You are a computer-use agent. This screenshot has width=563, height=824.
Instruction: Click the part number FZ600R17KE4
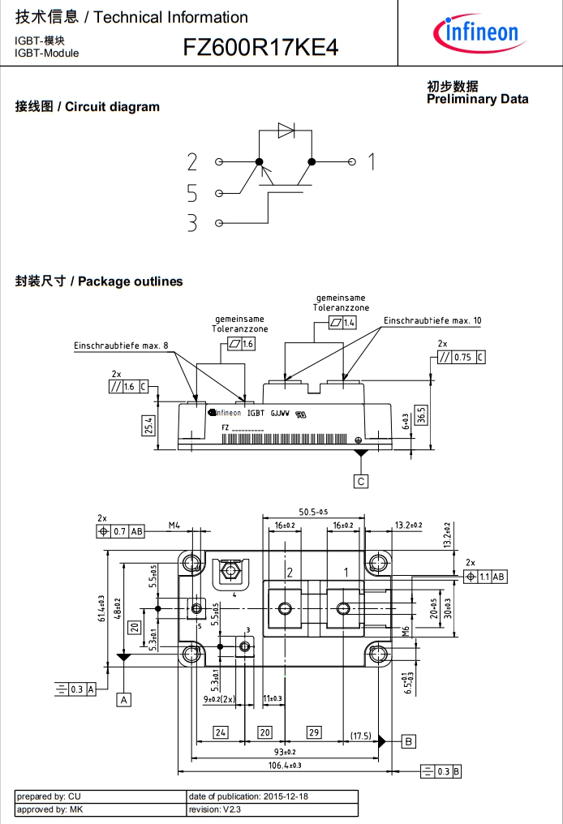[260, 48]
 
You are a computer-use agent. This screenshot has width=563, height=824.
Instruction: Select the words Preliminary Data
[477, 99]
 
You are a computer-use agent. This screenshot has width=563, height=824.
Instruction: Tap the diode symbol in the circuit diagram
[286, 130]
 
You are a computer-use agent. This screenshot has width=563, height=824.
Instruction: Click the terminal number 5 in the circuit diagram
[192, 193]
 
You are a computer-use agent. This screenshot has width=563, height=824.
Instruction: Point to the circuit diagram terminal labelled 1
[371, 162]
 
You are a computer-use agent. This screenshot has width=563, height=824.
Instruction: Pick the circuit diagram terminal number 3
[192, 223]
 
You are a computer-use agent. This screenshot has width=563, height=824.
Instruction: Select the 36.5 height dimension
[422, 414]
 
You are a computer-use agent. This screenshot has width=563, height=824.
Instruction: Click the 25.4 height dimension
[149, 424]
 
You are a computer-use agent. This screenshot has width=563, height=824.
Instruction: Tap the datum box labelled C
[361, 481]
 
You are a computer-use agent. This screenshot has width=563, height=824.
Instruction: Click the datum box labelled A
[124, 698]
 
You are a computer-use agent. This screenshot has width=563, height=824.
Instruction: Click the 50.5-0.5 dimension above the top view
[313, 513]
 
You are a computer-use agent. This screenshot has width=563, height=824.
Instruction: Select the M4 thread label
[174, 526]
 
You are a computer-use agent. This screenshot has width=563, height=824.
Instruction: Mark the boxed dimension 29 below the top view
[314, 732]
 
